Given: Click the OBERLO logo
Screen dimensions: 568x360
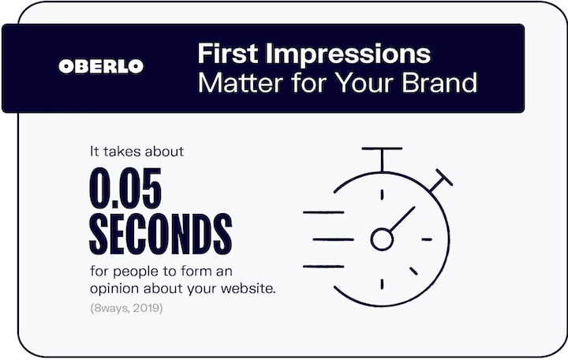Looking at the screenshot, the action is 101,66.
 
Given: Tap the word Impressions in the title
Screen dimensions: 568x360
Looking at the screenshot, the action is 348,54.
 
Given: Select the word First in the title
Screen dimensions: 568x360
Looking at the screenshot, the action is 228,54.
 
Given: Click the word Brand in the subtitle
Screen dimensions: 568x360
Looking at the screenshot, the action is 439,83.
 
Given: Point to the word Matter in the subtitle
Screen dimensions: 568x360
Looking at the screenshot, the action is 241,83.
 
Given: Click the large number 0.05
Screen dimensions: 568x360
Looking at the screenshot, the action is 125,188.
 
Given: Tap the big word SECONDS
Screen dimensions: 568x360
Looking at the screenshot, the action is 160,234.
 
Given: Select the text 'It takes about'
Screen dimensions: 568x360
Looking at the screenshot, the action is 137,151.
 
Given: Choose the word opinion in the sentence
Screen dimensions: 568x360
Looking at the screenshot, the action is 114,290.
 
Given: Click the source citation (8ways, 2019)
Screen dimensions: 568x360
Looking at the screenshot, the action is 126,308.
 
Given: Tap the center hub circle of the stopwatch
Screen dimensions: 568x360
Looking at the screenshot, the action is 382,239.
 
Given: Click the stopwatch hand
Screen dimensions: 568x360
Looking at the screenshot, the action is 402,219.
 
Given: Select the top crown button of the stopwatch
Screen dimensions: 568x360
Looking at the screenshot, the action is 382,159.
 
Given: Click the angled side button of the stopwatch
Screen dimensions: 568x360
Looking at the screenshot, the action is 441,181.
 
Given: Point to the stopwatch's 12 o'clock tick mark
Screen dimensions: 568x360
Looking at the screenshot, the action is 382,195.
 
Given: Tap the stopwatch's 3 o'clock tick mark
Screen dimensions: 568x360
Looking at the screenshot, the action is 427,239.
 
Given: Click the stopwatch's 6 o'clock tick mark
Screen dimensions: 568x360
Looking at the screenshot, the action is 382,284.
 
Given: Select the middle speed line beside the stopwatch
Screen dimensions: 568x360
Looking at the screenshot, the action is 333,239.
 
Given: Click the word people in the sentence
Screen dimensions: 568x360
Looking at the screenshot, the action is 136,272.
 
